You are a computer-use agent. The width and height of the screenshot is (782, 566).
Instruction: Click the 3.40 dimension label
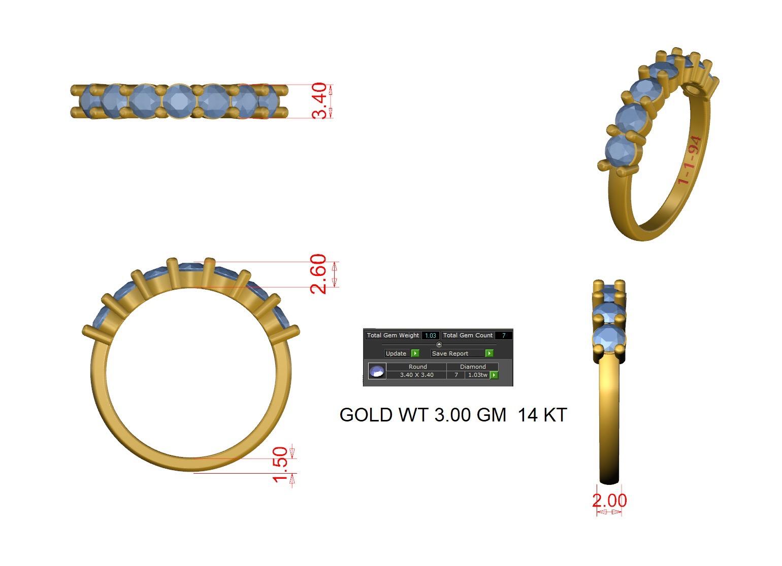pyautogui.click(x=319, y=101)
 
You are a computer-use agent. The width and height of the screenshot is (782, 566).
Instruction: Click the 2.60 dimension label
pyautogui.click(x=318, y=274)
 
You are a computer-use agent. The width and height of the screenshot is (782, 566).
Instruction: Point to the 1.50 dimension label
pyautogui.click(x=280, y=465)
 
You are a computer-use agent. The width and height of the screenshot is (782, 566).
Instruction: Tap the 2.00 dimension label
pyautogui.click(x=609, y=501)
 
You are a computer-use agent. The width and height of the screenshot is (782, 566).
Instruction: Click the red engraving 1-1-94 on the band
pyautogui.click(x=690, y=160)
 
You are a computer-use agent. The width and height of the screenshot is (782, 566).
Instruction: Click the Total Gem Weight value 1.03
pyautogui.click(x=431, y=335)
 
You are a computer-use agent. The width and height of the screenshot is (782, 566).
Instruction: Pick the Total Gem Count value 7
pyautogui.click(x=503, y=335)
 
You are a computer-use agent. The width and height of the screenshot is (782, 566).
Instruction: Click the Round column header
pyautogui.click(x=417, y=367)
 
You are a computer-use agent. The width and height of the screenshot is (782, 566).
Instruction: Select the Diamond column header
pyautogui.click(x=473, y=367)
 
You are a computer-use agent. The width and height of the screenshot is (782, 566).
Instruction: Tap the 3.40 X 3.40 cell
pyautogui.click(x=416, y=375)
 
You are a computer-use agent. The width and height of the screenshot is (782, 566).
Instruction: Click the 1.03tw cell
pyautogui.click(x=477, y=375)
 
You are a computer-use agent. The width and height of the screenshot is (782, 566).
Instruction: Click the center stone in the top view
pyautogui.click(x=178, y=101)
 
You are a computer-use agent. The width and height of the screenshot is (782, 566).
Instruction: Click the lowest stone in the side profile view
pyautogui.click(x=609, y=338)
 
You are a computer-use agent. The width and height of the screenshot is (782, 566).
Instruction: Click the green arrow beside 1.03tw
pyautogui.click(x=494, y=375)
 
